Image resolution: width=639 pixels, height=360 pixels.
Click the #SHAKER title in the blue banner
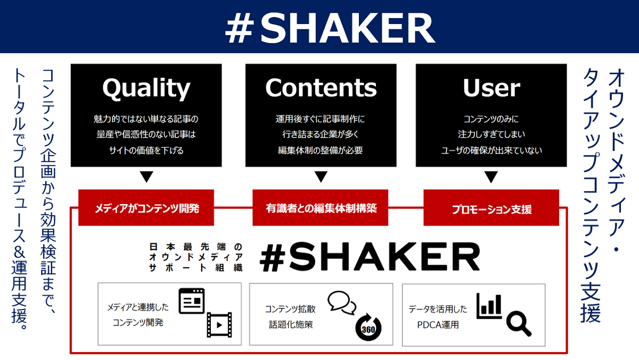pyautogui.click(x=330, y=28)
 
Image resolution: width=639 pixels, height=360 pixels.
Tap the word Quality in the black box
pyautogui.click(x=146, y=88)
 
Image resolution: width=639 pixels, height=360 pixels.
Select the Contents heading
pyautogui.click(x=321, y=87)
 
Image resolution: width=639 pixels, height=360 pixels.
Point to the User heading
pyautogui.click(x=491, y=88)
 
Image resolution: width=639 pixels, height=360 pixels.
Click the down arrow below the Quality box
pyautogui.click(x=146, y=177)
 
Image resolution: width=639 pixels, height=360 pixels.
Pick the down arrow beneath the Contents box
pyautogui.click(x=321, y=177)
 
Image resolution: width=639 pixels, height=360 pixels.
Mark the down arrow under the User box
pyautogui.click(x=491, y=177)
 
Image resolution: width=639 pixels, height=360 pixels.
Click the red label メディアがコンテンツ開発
pyautogui.click(x=146, y=208)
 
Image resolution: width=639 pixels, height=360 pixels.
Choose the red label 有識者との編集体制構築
pyautogui.click(x=321, y=208)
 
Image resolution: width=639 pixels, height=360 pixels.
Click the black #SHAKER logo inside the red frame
pyautogui.click(x=370, y=257)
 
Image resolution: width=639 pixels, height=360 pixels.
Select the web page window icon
pyautogui.click(x=192, y=301)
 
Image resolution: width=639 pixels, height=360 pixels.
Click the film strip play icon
pyautogui.click(x=219, y=325)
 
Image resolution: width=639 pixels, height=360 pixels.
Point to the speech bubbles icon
pyautogui.click(x=342, y=302)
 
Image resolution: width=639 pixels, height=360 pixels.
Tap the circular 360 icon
pyautogui.click(x=368, y=328)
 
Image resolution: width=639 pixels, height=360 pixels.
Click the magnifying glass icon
pyautogui.click(x=519, y=324)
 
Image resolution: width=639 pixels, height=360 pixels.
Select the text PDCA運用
pyautogui.click(x=438, y=325)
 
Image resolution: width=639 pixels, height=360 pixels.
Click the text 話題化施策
pyautogui.click(x=291, y=324)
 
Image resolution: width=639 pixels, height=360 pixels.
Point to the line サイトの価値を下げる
pyautogui.click(x=146, y=150)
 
